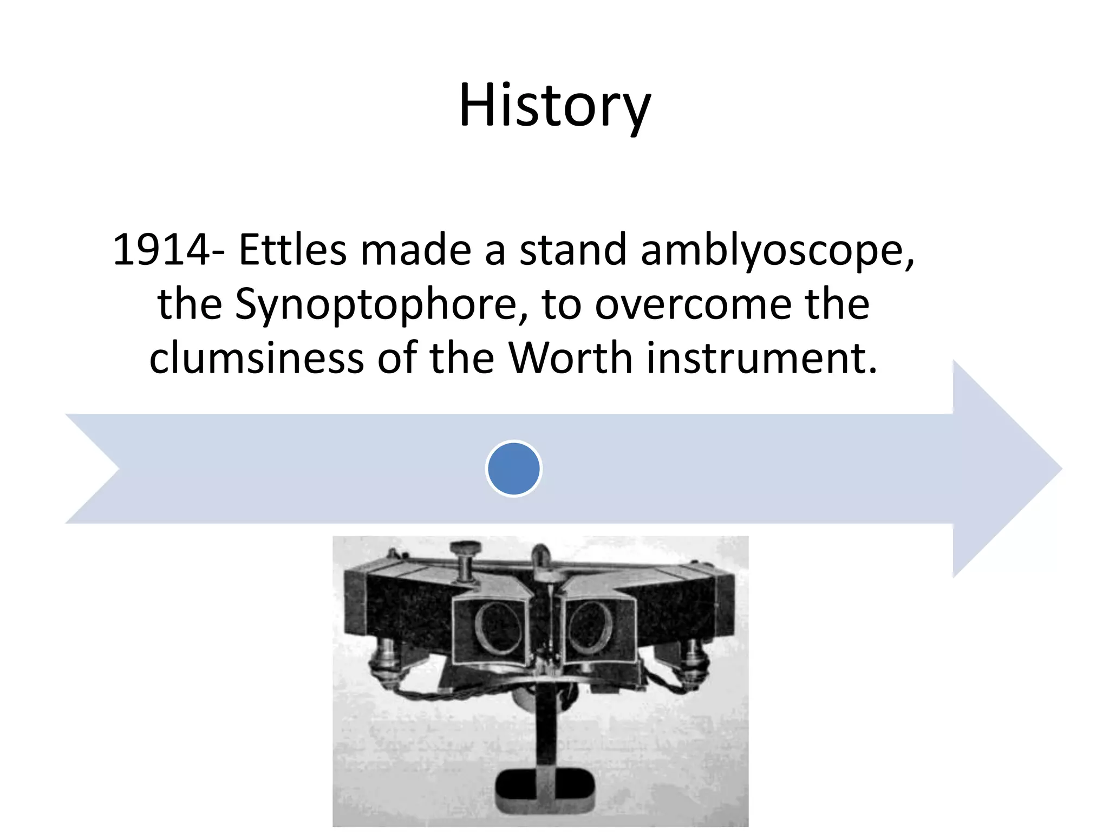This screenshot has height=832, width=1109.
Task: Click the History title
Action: (554, 106)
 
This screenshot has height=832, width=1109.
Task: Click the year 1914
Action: (161, 250)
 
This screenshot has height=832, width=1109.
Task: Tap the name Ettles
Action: (292, 250)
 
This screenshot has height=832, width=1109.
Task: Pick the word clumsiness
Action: (256, 359)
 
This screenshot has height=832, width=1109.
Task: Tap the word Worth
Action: (570, 359)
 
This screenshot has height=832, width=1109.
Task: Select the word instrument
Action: (761, 359)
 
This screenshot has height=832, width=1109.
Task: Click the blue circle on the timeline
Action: (514, 469)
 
